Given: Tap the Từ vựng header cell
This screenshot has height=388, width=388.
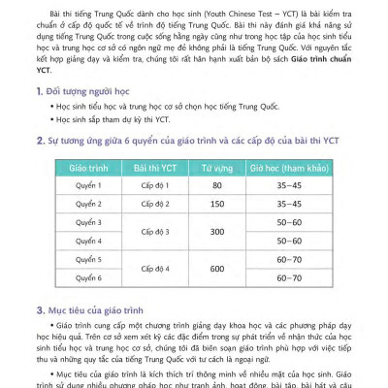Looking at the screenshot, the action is pos(218,168).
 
